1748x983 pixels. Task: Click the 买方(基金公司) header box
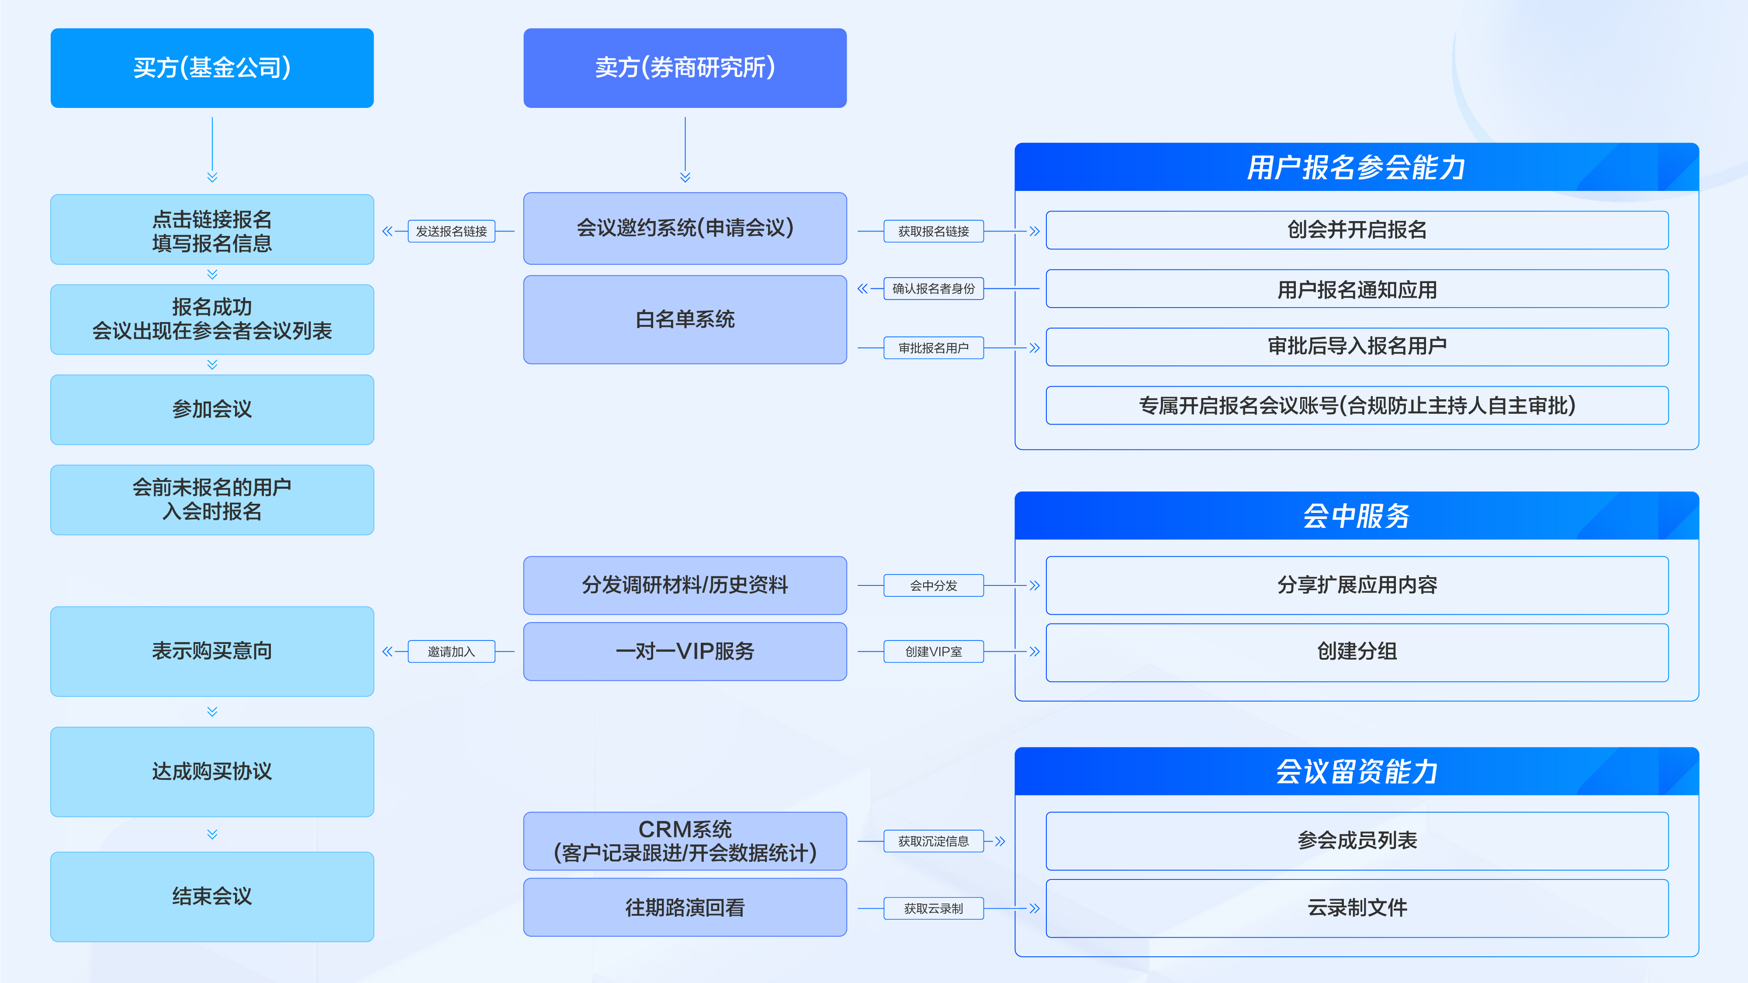point(212,68)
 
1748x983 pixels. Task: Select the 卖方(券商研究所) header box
point(685,68)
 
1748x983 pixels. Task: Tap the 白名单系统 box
point(685,319)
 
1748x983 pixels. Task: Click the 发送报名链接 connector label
point(451,232)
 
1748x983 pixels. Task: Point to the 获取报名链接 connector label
point(933,232)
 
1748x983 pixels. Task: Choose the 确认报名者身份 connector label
point(933,289)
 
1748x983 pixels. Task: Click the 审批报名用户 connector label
point(933,348)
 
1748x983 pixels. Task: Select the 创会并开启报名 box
point(1357,230)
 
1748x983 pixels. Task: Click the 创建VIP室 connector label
point(933,652)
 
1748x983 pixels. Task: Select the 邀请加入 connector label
point(451,652)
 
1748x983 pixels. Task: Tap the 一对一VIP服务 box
point(685,652)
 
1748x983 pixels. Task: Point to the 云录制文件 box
point(1357,908)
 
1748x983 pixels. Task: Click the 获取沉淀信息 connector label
point(933,841)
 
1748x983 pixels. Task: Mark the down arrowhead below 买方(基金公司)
point(212,178)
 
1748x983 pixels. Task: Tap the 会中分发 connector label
point(933,585)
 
